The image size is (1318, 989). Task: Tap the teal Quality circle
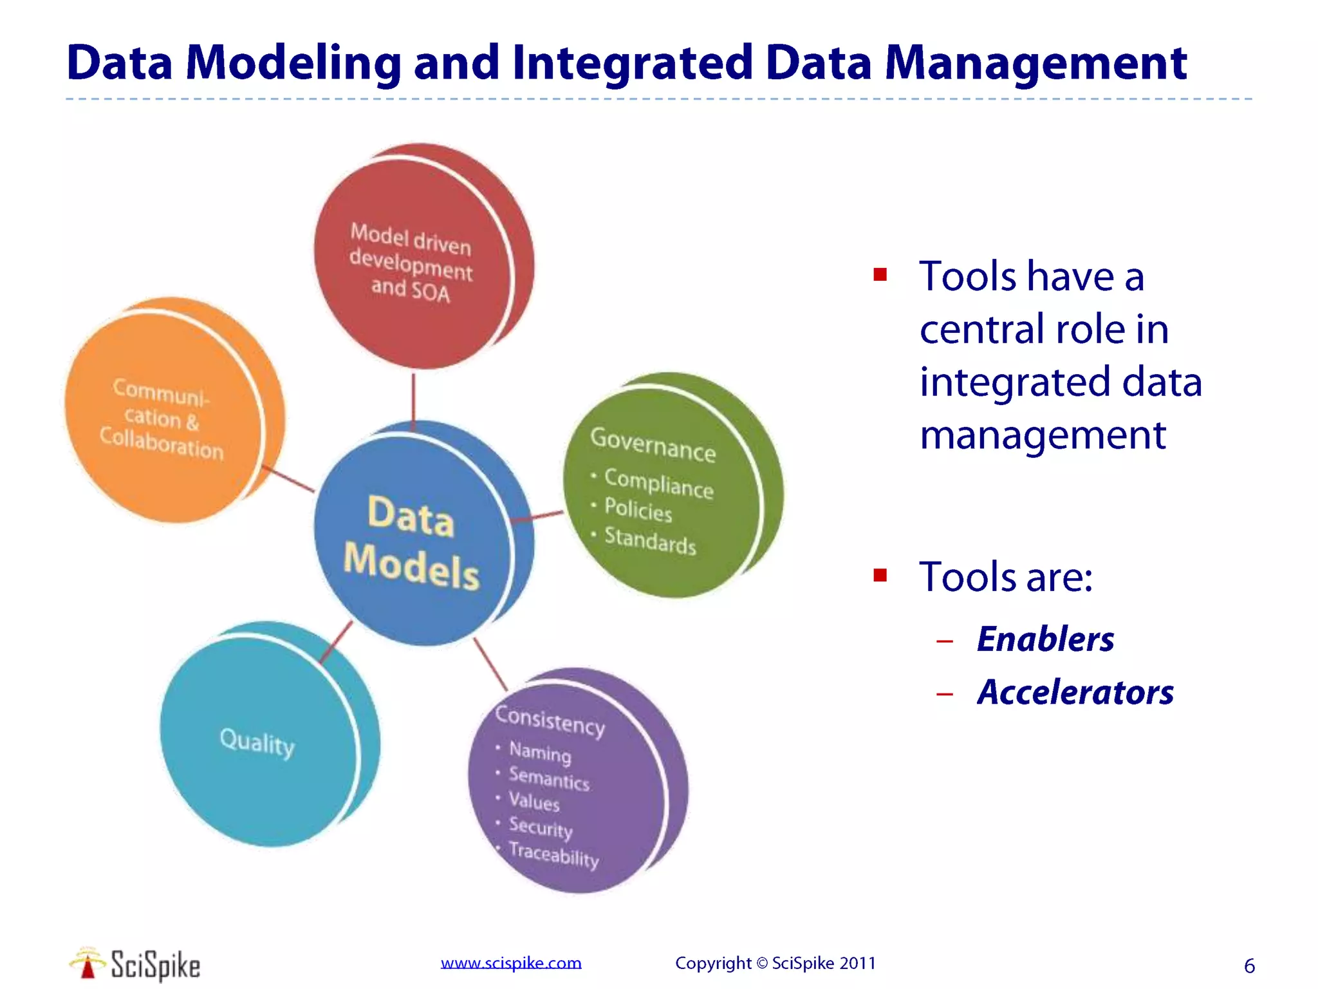point(257,740)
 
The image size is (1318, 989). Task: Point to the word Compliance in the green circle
point(658,484)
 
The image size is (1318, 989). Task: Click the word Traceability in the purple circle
point(553,854)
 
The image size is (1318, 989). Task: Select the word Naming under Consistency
point(540,752)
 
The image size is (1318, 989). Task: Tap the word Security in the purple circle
point(541,827)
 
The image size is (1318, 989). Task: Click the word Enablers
point(1045,639)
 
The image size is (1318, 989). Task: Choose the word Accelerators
point(1075,693)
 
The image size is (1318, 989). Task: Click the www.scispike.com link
point(511,963)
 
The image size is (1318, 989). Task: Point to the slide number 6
point(1249,966)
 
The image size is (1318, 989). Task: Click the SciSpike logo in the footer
point(135,965)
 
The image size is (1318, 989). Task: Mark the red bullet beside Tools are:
point(880,575)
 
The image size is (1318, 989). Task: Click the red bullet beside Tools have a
point(880,276)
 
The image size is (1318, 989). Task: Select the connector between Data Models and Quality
point(336,642)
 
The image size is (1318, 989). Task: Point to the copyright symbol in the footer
point(762,963)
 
